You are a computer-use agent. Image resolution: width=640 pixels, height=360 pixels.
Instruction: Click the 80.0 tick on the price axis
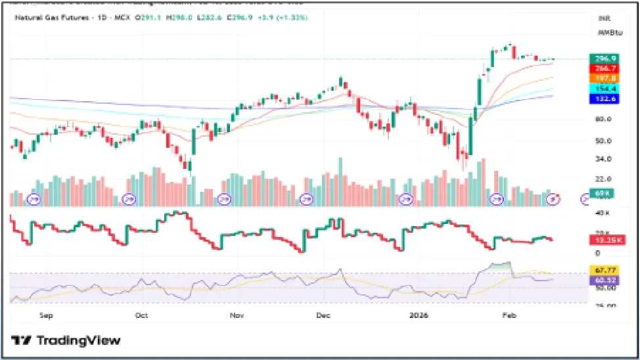[603, 119]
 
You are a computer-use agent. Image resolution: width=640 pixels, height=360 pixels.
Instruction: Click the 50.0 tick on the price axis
[603, 141]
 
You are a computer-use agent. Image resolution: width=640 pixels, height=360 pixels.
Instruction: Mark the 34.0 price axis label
[603, 158]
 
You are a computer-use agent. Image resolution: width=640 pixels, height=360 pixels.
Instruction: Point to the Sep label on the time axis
[45, 315]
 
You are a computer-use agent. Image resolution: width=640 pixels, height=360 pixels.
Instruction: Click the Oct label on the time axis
[141, 315]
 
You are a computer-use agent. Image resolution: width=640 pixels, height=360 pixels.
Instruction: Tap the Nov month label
[237, 315]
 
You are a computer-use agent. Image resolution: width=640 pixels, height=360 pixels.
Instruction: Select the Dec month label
[323, 315]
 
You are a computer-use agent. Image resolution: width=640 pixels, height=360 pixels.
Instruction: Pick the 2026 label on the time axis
[419, 315]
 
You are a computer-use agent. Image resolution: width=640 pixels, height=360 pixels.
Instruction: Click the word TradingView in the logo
[78, 340]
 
